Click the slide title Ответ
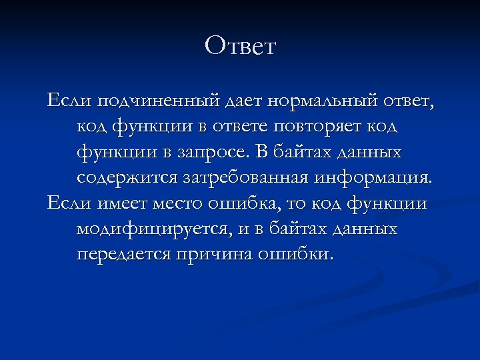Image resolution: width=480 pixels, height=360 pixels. [x=240, y=46]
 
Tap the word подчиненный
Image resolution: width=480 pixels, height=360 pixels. [x=158, y=102]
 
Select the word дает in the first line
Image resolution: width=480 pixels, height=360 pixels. [x=245, y=102]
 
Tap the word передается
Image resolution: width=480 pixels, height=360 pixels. [x=124, y=254]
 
